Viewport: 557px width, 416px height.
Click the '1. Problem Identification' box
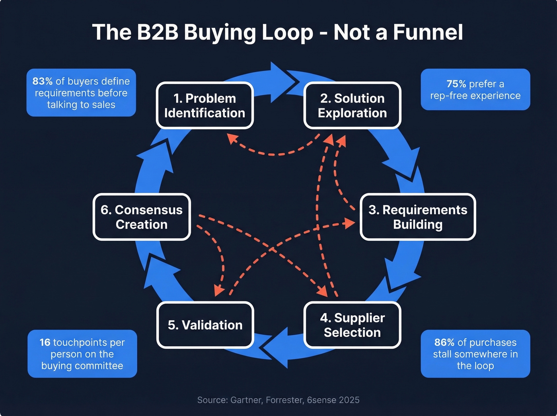pyautogui.click(x=205, y=105)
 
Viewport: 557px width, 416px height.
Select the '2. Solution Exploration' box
pyautogui.click(x=352, y=105)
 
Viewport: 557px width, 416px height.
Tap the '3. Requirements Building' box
pyautogui.click(x=418, y=217)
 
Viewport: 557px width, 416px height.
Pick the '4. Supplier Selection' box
pyautogui.click(x=352, y=325)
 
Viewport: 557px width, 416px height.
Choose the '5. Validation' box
pyautogui.click(x=205, y=325)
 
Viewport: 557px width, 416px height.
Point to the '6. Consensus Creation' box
pyautogui.click(x=142, y=217)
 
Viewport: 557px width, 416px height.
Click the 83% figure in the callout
pyautogui.click(x=42, y=81)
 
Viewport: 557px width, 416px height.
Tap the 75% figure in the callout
pyautogui.click(x=456, y=84)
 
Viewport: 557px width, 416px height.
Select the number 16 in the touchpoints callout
pyautogui.click(x=45, y=342)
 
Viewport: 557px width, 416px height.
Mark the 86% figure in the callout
pyautogui.click(x=444, y=342)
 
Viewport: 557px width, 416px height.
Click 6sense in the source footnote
pyautogui.click(x=321, y=400)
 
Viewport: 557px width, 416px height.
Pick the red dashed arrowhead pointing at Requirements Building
pyautogui.click(x=349, y=223)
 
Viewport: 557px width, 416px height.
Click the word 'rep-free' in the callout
pyautogui.click(x=448, y=96)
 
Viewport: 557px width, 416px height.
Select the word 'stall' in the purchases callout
pyautogui.click(x=442, y=354)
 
